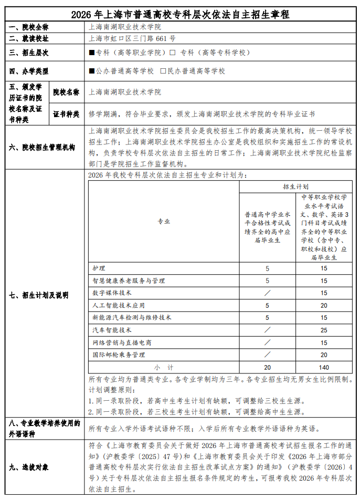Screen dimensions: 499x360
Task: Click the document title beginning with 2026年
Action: (x=181, y=15)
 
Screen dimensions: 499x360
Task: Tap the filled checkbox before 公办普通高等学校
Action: (x=92, y=71)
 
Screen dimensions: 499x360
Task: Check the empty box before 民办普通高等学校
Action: (x=163, y=71)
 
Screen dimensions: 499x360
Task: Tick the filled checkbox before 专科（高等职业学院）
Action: (x=92, y=53)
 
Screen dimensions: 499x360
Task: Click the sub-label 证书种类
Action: (x=66, y=114)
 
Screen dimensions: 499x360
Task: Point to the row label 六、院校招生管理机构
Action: (x=43, y=148)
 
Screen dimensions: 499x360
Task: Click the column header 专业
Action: (x=164, y=221)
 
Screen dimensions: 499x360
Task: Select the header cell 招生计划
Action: (x=295, y=186)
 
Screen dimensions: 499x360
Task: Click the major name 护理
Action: (x=99, y=268)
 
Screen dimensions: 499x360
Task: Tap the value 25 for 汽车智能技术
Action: (x=324, y=330)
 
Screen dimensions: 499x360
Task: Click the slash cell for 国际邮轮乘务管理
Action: (x=267, y=355)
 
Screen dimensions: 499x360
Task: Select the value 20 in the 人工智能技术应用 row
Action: (x=324, y=305)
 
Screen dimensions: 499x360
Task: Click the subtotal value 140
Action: (x=324, y=367)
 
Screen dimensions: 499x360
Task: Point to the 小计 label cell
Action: (x=164, y=367)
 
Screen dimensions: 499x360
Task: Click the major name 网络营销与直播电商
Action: (x=122, y=342)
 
